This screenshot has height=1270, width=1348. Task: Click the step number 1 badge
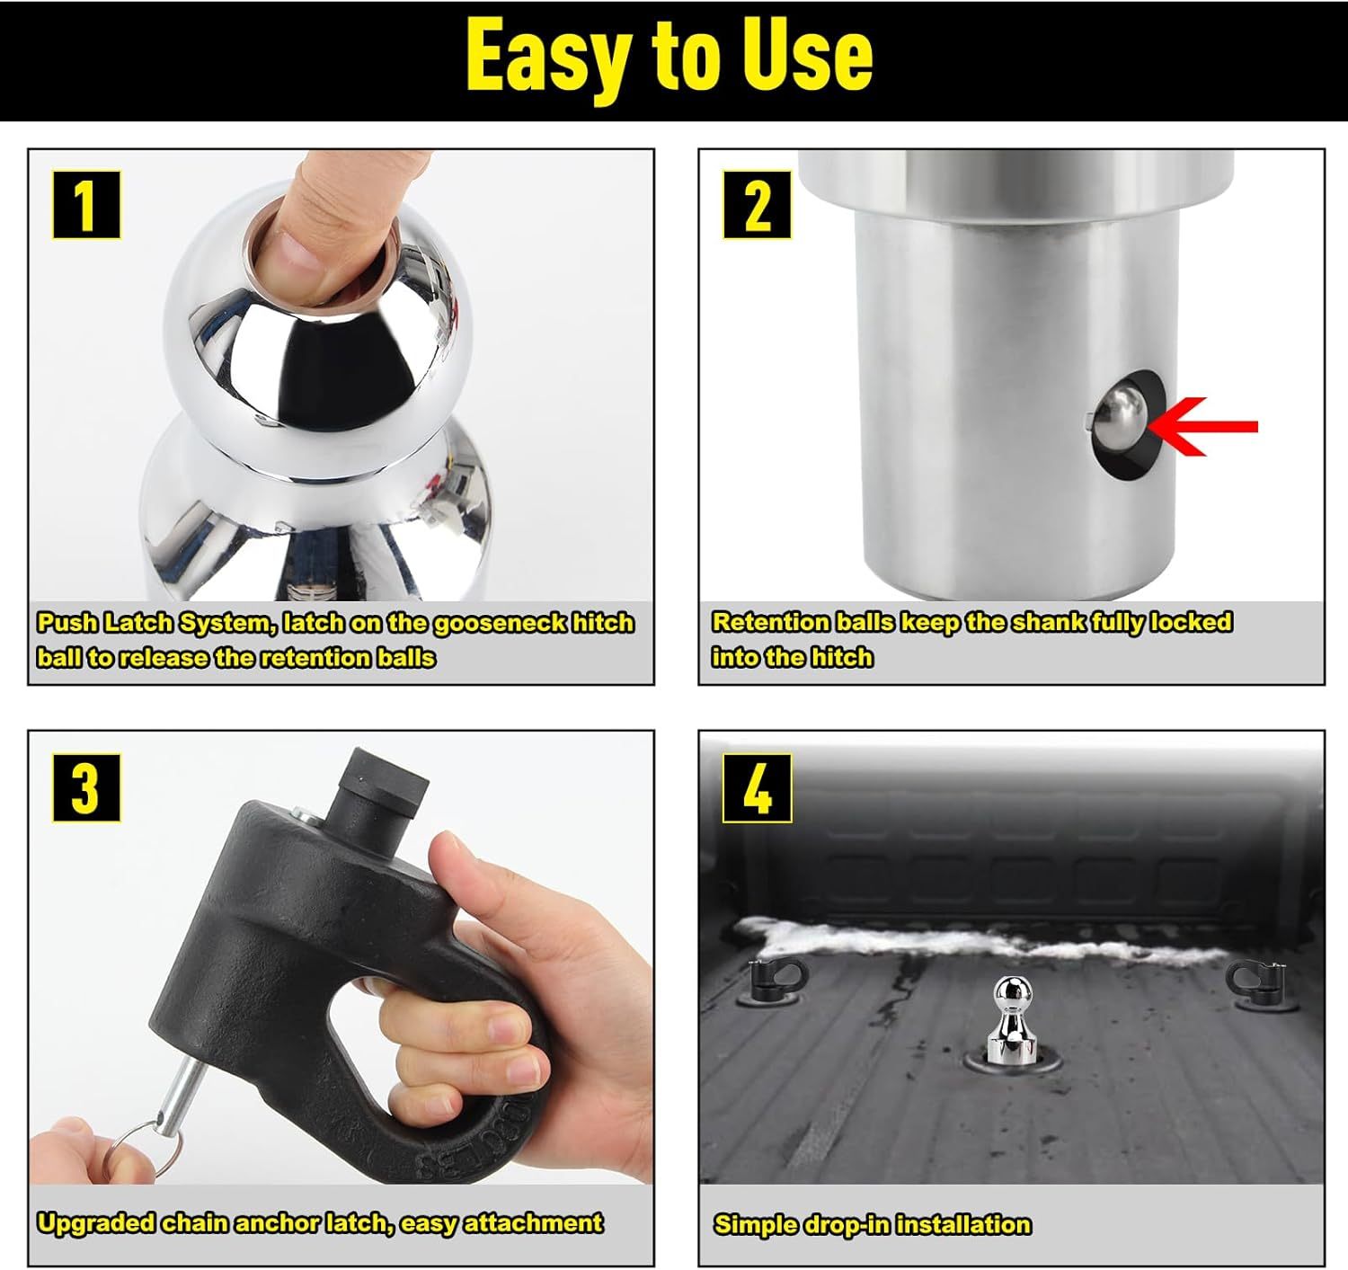point(87,204)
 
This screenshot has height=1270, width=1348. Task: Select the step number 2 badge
point(757,204)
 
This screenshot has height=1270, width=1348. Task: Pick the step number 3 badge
point(87,788)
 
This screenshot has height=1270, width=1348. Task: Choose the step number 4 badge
point(757,788)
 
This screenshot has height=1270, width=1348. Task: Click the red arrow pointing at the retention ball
point(1202,427)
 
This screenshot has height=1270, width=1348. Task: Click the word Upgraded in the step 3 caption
point(95,1223)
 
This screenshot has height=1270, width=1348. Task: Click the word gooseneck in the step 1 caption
point(499,623)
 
